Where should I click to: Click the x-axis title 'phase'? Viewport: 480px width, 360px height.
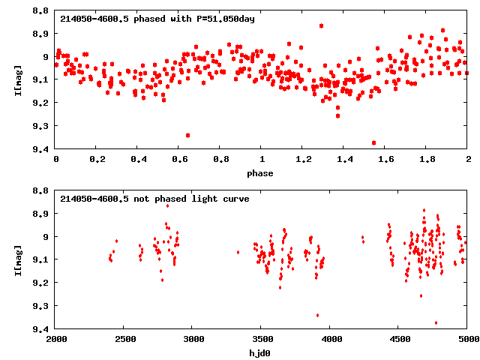[262, 173]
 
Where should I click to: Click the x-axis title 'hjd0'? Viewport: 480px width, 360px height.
[262, 352]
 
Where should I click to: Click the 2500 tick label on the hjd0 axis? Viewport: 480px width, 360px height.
[124, 340]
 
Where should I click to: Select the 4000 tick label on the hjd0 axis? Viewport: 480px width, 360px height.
[331, 340]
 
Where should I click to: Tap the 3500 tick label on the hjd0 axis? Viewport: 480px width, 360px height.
[262, 340]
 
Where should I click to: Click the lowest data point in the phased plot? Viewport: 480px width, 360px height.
[373, 142]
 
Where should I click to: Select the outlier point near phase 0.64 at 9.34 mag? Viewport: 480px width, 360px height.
[187, 135]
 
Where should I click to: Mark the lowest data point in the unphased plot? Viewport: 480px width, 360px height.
[436, 322]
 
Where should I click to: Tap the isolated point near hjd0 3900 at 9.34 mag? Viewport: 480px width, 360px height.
[317, 315]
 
